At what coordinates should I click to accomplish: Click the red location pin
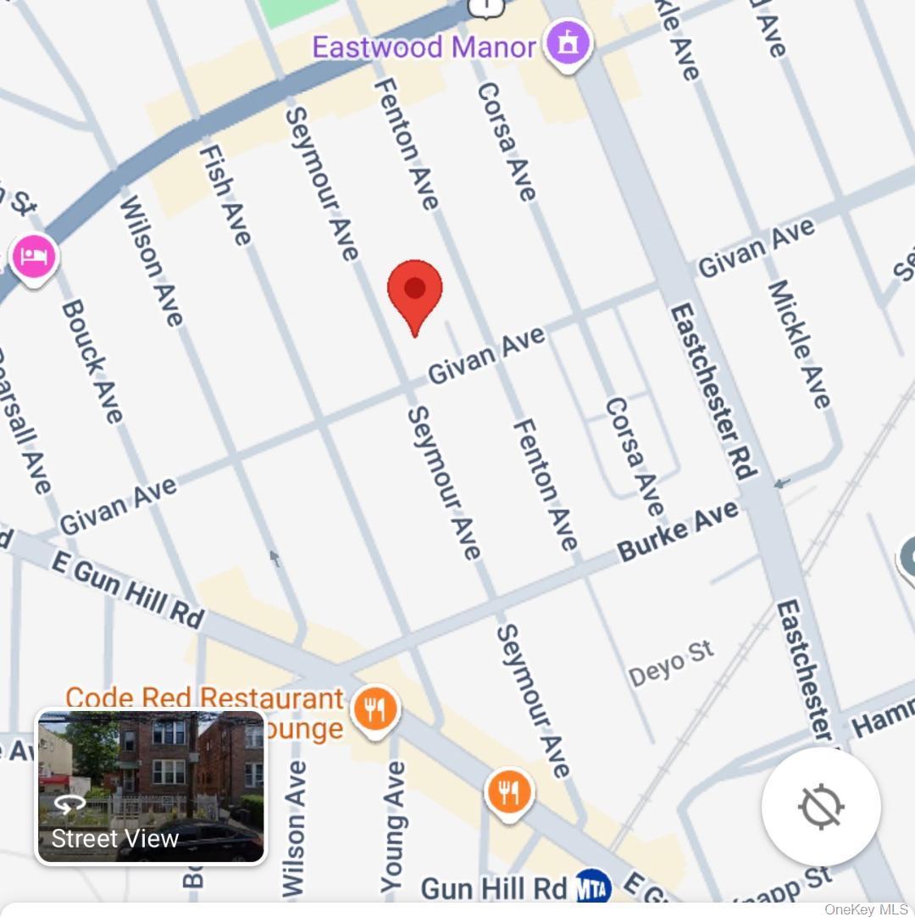pos(414,292)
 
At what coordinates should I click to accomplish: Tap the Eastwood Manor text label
pos(424,46)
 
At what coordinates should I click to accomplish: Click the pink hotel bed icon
pos(34,257)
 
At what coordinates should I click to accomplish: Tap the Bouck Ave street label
pos(92,361)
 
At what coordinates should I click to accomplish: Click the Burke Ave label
pos(678,531)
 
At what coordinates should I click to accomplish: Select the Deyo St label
pos(672,664)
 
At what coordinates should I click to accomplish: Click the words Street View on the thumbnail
pos(115,838)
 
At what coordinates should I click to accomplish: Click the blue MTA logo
pos(593,887)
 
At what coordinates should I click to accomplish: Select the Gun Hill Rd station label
pos(493,888)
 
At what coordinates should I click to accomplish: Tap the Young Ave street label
pos(392,826)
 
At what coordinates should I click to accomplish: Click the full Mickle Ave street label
pos(799,344)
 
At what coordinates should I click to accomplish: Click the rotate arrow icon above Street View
pos(69,803)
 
